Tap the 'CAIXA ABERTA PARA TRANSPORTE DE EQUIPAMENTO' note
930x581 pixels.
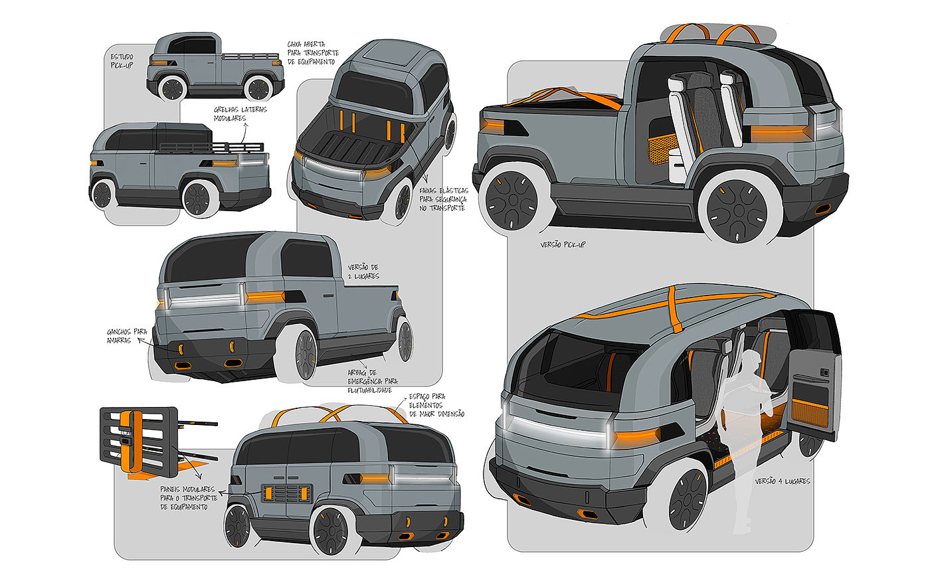pos(314,53)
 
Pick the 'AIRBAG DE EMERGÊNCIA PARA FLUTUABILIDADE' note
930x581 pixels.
pos(372,381)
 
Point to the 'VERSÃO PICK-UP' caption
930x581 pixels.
pos(564,244)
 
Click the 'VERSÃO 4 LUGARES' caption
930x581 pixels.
pos(783,481)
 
